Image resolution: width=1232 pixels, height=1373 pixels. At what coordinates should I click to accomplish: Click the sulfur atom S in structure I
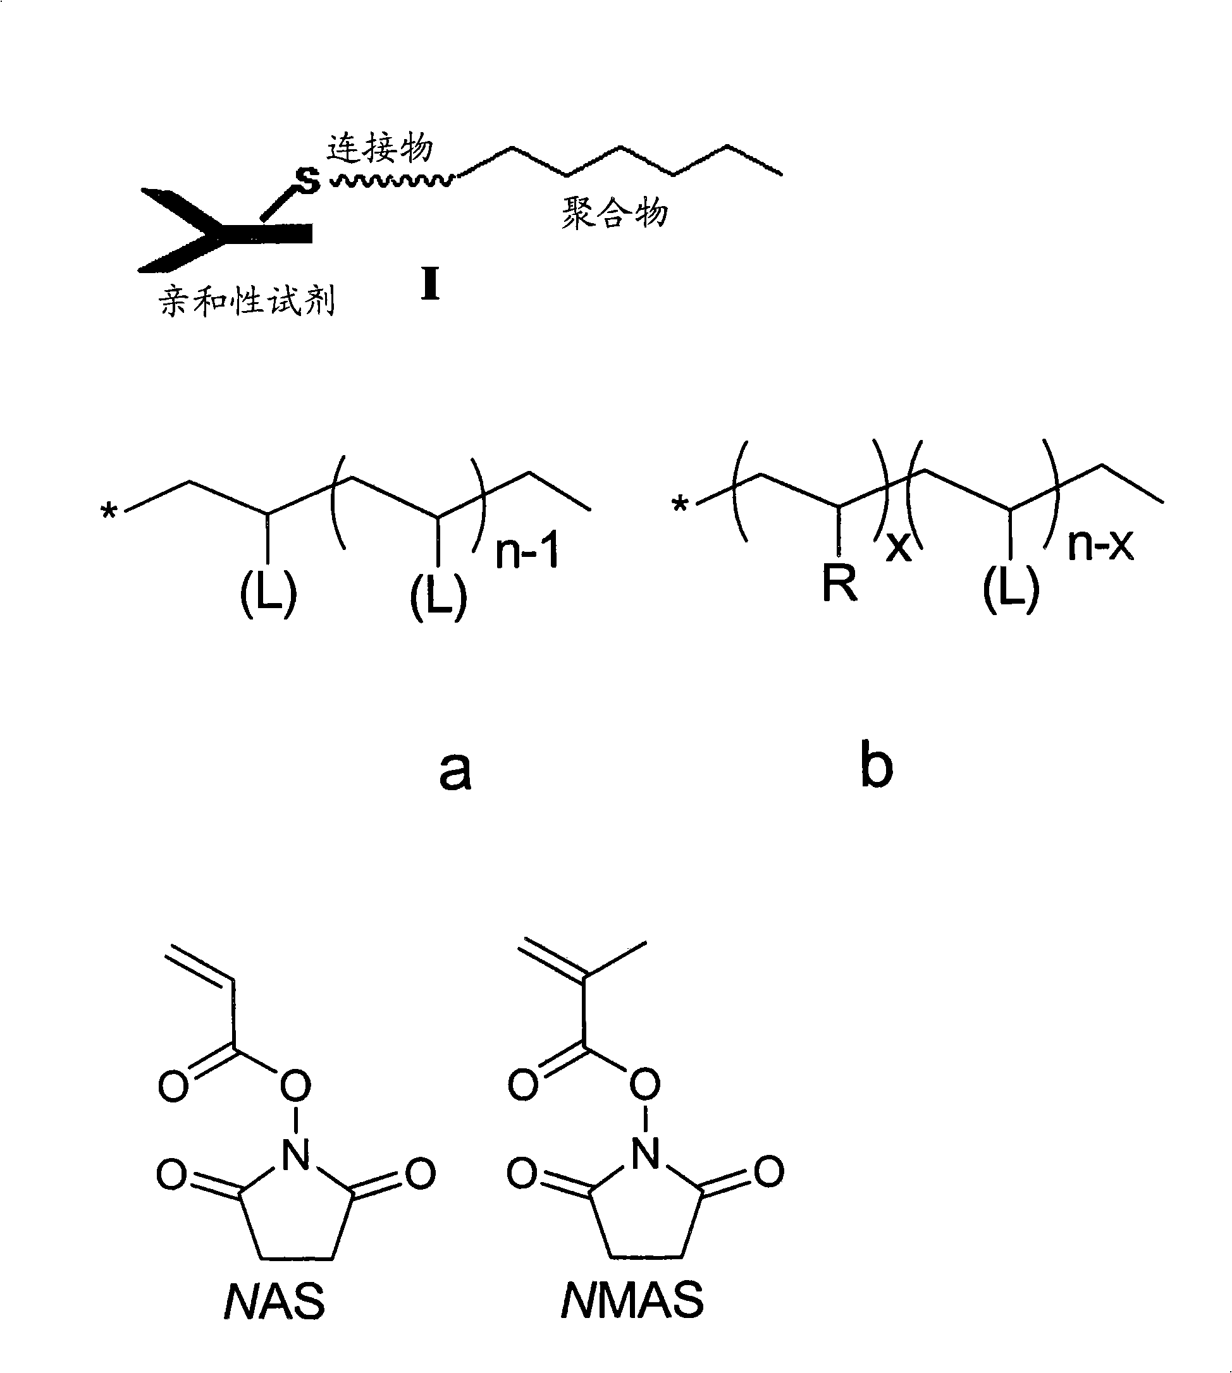(x=308, y=180)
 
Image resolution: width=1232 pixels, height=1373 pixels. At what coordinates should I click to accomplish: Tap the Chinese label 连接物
(x=379, y=147)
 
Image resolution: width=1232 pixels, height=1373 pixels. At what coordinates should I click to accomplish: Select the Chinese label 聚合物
(x=614, y=212)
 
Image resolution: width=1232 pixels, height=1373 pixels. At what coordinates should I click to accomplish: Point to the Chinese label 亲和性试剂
(x=247, y=300)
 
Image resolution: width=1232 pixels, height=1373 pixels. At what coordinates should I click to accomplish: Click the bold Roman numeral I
(x=430, y=284)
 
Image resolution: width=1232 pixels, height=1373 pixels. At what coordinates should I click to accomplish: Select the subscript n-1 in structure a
(x=527, y=551)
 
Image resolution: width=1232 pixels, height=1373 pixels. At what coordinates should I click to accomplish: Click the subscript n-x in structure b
(x=1100, y=544)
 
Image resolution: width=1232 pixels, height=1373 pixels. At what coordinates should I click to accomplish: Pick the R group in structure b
(x=839, y=583)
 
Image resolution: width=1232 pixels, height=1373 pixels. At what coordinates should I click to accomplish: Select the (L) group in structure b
(x=1011, y=589)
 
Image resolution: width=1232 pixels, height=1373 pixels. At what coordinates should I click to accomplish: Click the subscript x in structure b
(x=898, y=547)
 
